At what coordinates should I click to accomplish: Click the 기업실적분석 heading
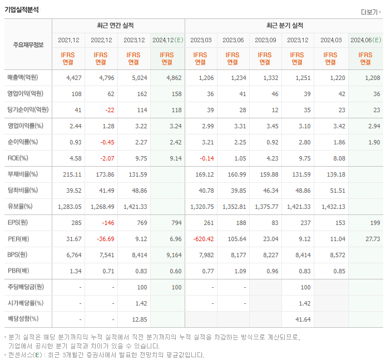[22, 9]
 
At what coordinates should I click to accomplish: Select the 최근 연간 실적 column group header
[118, 26]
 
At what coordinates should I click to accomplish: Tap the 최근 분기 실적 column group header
[284, 26]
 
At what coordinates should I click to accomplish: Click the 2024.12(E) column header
[167, 40]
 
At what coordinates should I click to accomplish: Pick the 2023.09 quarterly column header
[265, 40]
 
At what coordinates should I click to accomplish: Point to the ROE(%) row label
[19, 158]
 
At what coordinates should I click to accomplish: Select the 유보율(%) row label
[20, 207]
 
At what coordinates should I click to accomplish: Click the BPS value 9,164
[173, 255]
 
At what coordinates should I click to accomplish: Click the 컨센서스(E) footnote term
[25, 354]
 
